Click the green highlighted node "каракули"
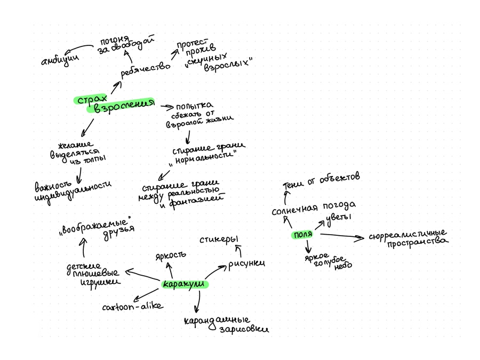(185, 284)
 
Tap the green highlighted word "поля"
(302, 235)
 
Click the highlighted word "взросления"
(120, 106)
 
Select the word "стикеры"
(219, 239)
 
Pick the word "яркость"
(171, 255)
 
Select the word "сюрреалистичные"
(407, 235)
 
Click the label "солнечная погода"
(313, 208)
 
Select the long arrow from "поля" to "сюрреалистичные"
(341, 235)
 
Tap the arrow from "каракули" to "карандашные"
(197, 302)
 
